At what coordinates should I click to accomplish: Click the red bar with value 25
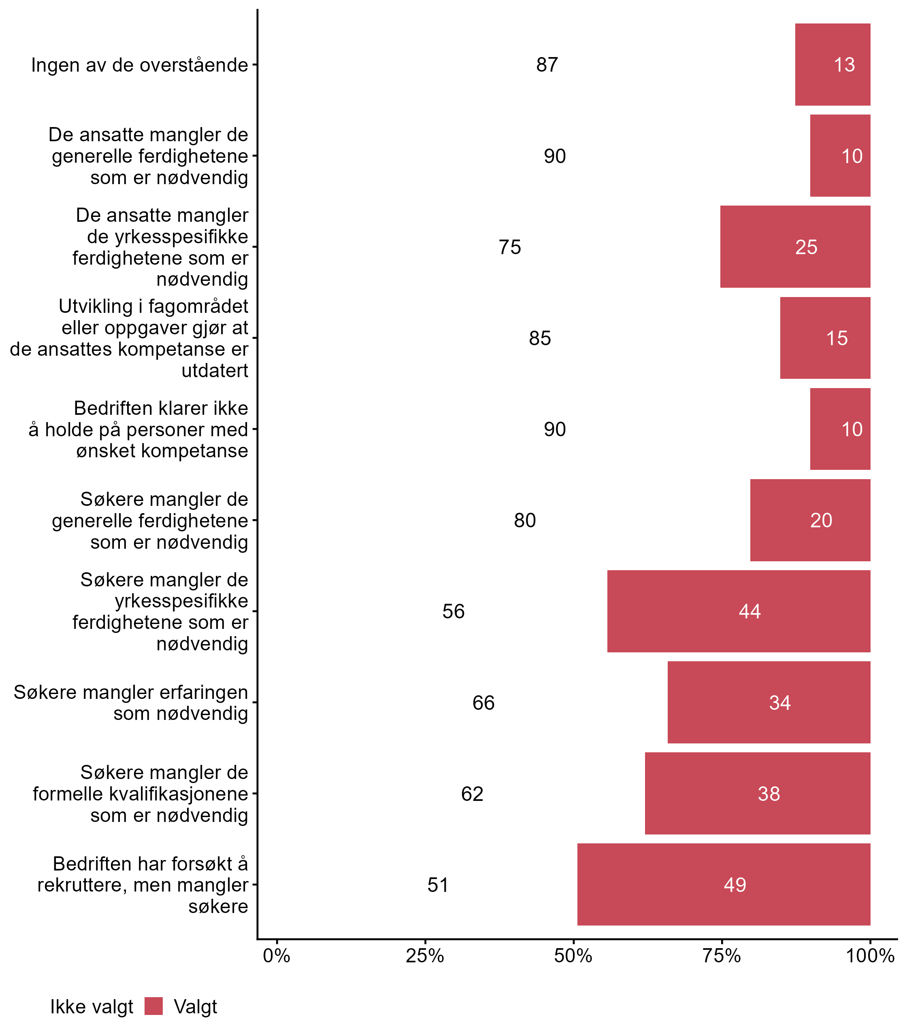click(795, 247)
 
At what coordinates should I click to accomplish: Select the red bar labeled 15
click(825, 338)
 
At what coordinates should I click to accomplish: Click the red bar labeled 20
click(810, 520)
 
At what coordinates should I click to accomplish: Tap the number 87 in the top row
click(547, 65)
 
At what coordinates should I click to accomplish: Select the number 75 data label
click(510, 247)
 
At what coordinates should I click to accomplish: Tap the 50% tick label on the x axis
click(573, 955)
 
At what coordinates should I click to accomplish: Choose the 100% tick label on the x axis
click(870, 955)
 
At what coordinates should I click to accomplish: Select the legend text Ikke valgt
click(92, 1007)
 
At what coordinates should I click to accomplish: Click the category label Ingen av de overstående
click(140, 65)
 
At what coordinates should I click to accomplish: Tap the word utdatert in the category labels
click(215, 370)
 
